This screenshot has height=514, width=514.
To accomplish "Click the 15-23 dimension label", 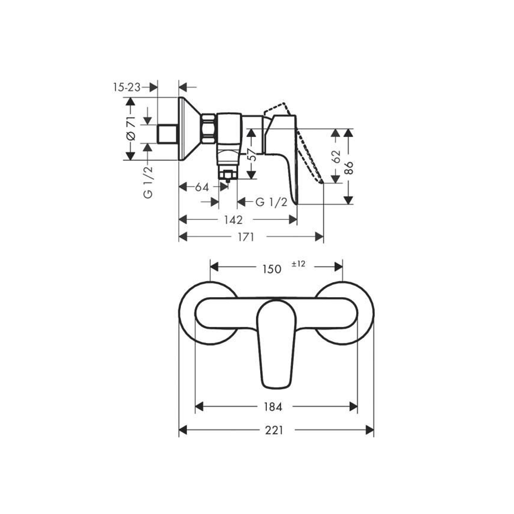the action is (x=127, y=87).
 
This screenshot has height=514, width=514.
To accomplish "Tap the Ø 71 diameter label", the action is (x=131, y=128).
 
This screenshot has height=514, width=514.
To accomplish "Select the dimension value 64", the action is (x=202, y=187).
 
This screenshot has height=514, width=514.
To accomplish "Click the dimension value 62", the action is (x=336, y=156).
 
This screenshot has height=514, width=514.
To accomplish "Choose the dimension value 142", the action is (x=233, y=219).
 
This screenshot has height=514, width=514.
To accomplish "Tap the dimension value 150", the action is (x=272, y=269).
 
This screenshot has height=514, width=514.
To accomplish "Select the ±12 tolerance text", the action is (x=299, y=264).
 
